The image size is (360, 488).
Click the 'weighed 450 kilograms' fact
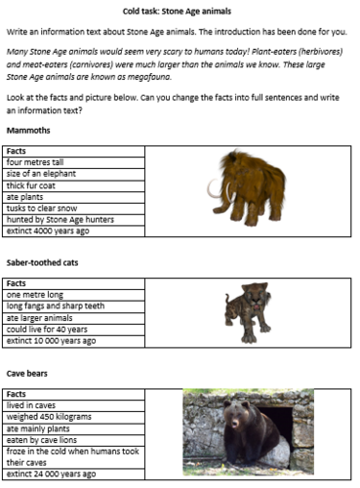pos(49,415)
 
